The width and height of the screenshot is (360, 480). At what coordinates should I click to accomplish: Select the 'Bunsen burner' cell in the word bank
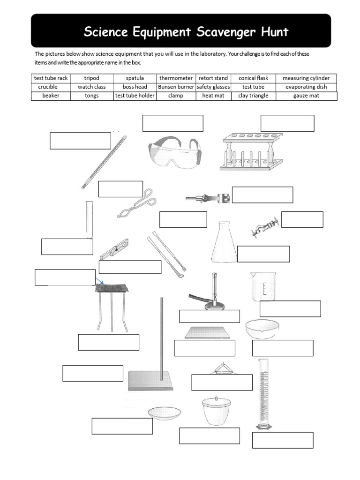point(176,87)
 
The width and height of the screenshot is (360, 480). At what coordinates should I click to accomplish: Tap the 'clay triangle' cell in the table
point(253,96)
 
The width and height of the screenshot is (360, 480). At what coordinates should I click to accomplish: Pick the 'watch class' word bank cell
point(91,87)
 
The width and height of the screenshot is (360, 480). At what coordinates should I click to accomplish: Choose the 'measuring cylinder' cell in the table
point(306,78)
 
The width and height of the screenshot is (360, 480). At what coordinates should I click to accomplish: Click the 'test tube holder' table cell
point(135,96)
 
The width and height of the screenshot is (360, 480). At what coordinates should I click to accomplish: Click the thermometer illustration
point(104,162)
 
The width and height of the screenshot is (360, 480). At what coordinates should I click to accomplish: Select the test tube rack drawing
point(251,151)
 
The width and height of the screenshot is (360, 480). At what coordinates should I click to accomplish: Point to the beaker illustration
point(263,286)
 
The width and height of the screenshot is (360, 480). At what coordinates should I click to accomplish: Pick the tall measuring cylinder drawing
point(263,394)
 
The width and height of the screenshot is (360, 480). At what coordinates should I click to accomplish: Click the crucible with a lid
point(216,411)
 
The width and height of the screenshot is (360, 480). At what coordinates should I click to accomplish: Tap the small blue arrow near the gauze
point(99,281)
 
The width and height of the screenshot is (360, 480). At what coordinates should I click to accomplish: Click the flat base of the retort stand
point(150,381)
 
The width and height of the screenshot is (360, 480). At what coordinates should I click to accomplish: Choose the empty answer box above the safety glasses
point(173,123)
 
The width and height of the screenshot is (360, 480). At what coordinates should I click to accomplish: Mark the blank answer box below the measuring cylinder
point(283,440)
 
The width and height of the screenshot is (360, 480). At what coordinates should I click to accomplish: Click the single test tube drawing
point(89,219)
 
